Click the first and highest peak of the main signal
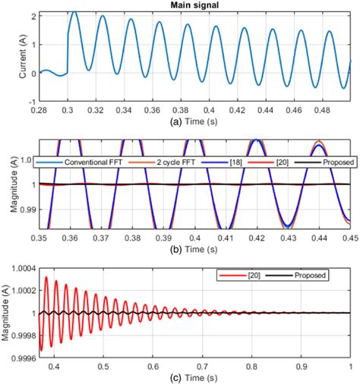(x=74, y=13)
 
